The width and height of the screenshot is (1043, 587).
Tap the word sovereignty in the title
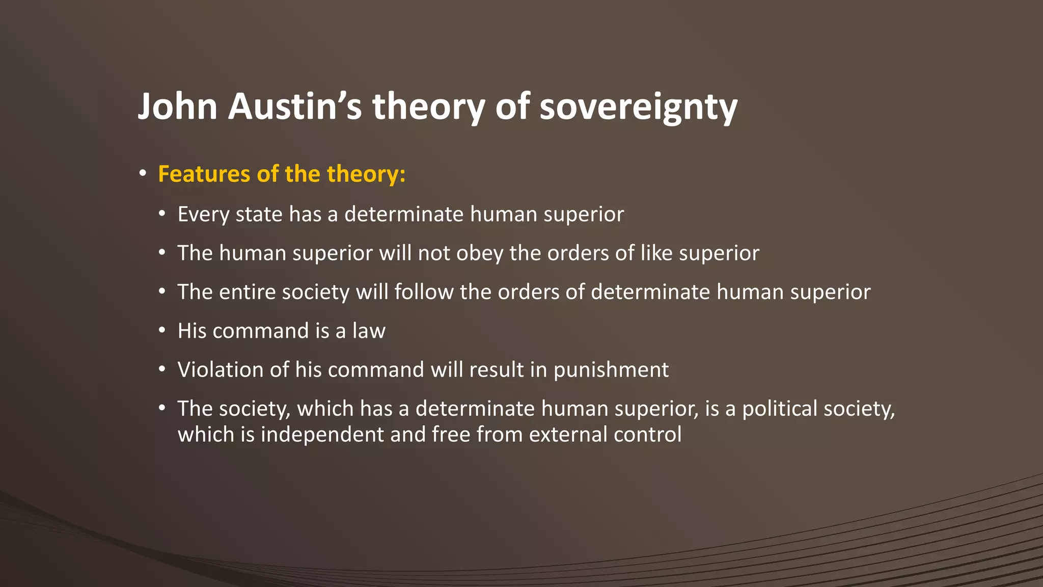638,107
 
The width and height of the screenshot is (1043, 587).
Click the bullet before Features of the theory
143,174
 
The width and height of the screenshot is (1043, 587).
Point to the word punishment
611,370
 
